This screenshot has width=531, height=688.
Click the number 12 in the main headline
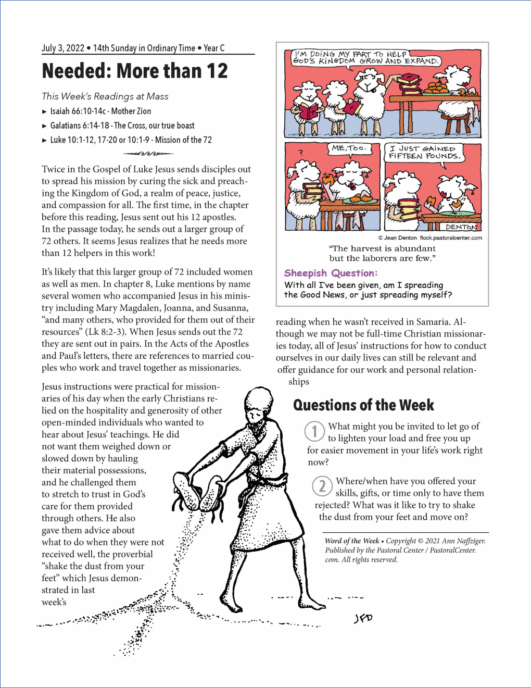click(x=214, y=71)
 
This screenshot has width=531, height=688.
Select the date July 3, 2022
click(x=63, y=48)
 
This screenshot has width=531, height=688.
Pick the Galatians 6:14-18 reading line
click(x=122, y=126)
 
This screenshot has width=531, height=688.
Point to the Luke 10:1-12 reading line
click(x=131, y=140)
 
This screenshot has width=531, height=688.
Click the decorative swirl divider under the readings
click(x=148, y=154)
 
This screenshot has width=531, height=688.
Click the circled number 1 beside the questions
click(x=314, y=431)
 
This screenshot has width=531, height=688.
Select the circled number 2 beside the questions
click(x=322, y=486)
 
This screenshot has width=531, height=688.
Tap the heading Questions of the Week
click(x=363, y=405)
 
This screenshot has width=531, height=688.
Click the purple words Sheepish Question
click(x=331, y=273)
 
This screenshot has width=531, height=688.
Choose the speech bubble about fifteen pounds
click(x=424, y=152)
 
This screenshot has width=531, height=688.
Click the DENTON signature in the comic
click(x=461, y=227)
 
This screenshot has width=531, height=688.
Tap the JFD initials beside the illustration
click(x=363, y=618)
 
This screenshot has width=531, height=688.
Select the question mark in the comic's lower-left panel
click(x=300, y=153)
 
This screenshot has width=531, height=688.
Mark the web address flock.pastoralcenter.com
click(x=451, y=238)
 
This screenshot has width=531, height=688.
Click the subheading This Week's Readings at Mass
click(x=105, y=96)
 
